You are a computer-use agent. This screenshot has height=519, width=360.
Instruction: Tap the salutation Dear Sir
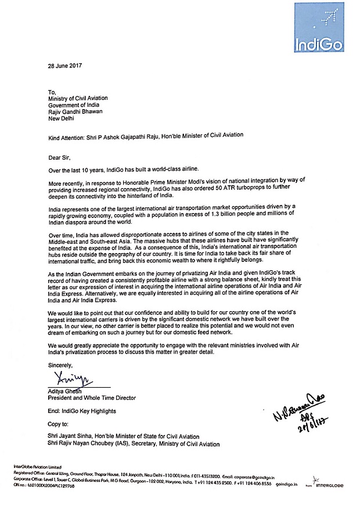[60, 157]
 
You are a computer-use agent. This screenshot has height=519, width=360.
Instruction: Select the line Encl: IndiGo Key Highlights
[82, 411]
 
